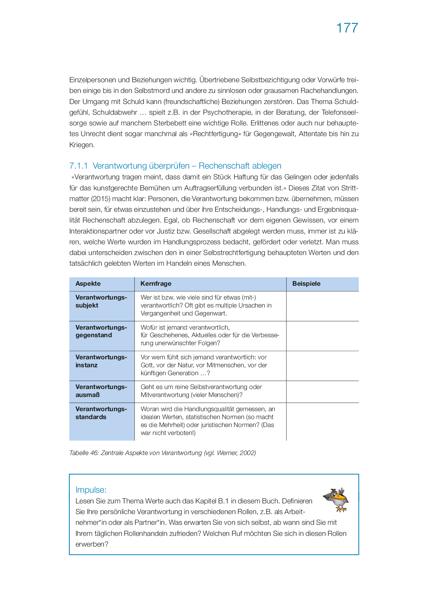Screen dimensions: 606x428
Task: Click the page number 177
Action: tap(347, 28)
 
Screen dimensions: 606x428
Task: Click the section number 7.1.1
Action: tap(79, 166)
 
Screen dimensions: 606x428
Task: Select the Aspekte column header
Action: tap(88, 284)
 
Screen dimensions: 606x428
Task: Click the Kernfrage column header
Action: tap(156, 284)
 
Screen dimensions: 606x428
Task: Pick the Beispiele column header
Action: tap(306, 284)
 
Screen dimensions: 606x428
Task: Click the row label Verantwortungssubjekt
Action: tap(101, 301)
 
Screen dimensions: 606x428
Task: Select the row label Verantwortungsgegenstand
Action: tap(101, 331)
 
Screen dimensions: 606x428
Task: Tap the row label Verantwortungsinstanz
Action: tap(101, 361)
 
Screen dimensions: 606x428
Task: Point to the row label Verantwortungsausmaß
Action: tap(101, 391)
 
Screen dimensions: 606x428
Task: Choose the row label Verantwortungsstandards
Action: tap(101, 413)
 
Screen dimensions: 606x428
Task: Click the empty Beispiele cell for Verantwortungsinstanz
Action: tap(322, 366)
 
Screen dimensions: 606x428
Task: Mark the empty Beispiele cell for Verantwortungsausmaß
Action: tap(322, 392)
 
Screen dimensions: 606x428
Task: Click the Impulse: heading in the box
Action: tap(91, 490)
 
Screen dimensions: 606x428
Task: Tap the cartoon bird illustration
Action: tap(336, 500)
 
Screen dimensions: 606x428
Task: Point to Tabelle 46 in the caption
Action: tap(84, 453)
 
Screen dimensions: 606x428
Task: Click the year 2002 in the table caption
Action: tap(247, 453)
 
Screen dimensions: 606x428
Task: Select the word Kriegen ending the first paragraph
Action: tap(81, 145)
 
